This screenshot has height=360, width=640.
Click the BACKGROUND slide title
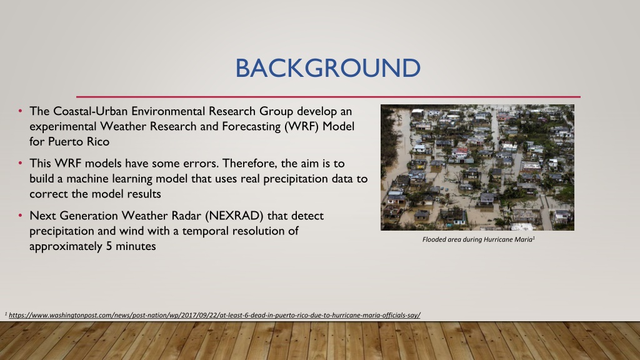coord(327,67)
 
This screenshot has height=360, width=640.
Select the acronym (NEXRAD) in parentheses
coord(234,216)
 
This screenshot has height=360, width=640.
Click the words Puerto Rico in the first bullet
coord(79,142)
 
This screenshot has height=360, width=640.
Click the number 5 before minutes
coord(109,246)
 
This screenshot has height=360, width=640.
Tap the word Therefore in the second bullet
coord(249,163)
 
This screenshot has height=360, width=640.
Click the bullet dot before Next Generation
coord(20,216)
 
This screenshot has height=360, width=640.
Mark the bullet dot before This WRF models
coord(20,163)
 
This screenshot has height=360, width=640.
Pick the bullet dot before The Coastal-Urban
coord(20,111)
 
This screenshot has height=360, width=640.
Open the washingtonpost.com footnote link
coord(214,315)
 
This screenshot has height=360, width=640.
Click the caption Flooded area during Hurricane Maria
coord(478,239)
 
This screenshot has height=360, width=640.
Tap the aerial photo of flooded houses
coord(477,167)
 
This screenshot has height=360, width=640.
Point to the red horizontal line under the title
coord(328,97)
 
